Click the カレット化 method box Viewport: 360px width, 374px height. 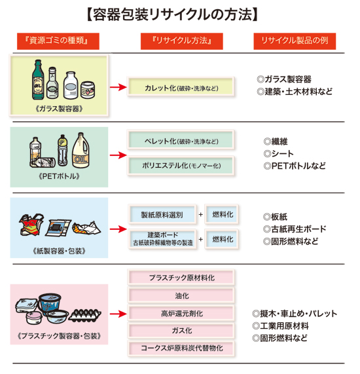click(181, 87)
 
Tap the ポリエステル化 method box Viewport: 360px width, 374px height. click(181, 166)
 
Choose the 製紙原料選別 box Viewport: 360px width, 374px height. click(162, 214)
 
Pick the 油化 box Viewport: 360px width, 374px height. click(181, 295)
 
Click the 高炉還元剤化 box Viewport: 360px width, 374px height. click(181, 313)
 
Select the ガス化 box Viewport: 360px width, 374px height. click(181, 331)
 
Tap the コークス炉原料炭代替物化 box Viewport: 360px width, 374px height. click(181, 348)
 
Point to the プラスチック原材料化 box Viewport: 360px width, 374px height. click(181, 278)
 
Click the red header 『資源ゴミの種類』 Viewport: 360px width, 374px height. click(58, 41)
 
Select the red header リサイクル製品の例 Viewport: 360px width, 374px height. click(295, 41)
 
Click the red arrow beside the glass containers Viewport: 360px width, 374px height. click(118, 87)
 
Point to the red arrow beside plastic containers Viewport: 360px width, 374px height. click(118, 314)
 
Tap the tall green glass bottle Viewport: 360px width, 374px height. click(38, 80)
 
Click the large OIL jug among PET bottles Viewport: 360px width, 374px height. click(81, 150)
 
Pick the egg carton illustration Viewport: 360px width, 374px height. click(85, 314)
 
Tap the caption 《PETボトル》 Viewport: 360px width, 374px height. click(59, 176)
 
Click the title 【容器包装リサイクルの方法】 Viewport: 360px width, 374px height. click(172, 15)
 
